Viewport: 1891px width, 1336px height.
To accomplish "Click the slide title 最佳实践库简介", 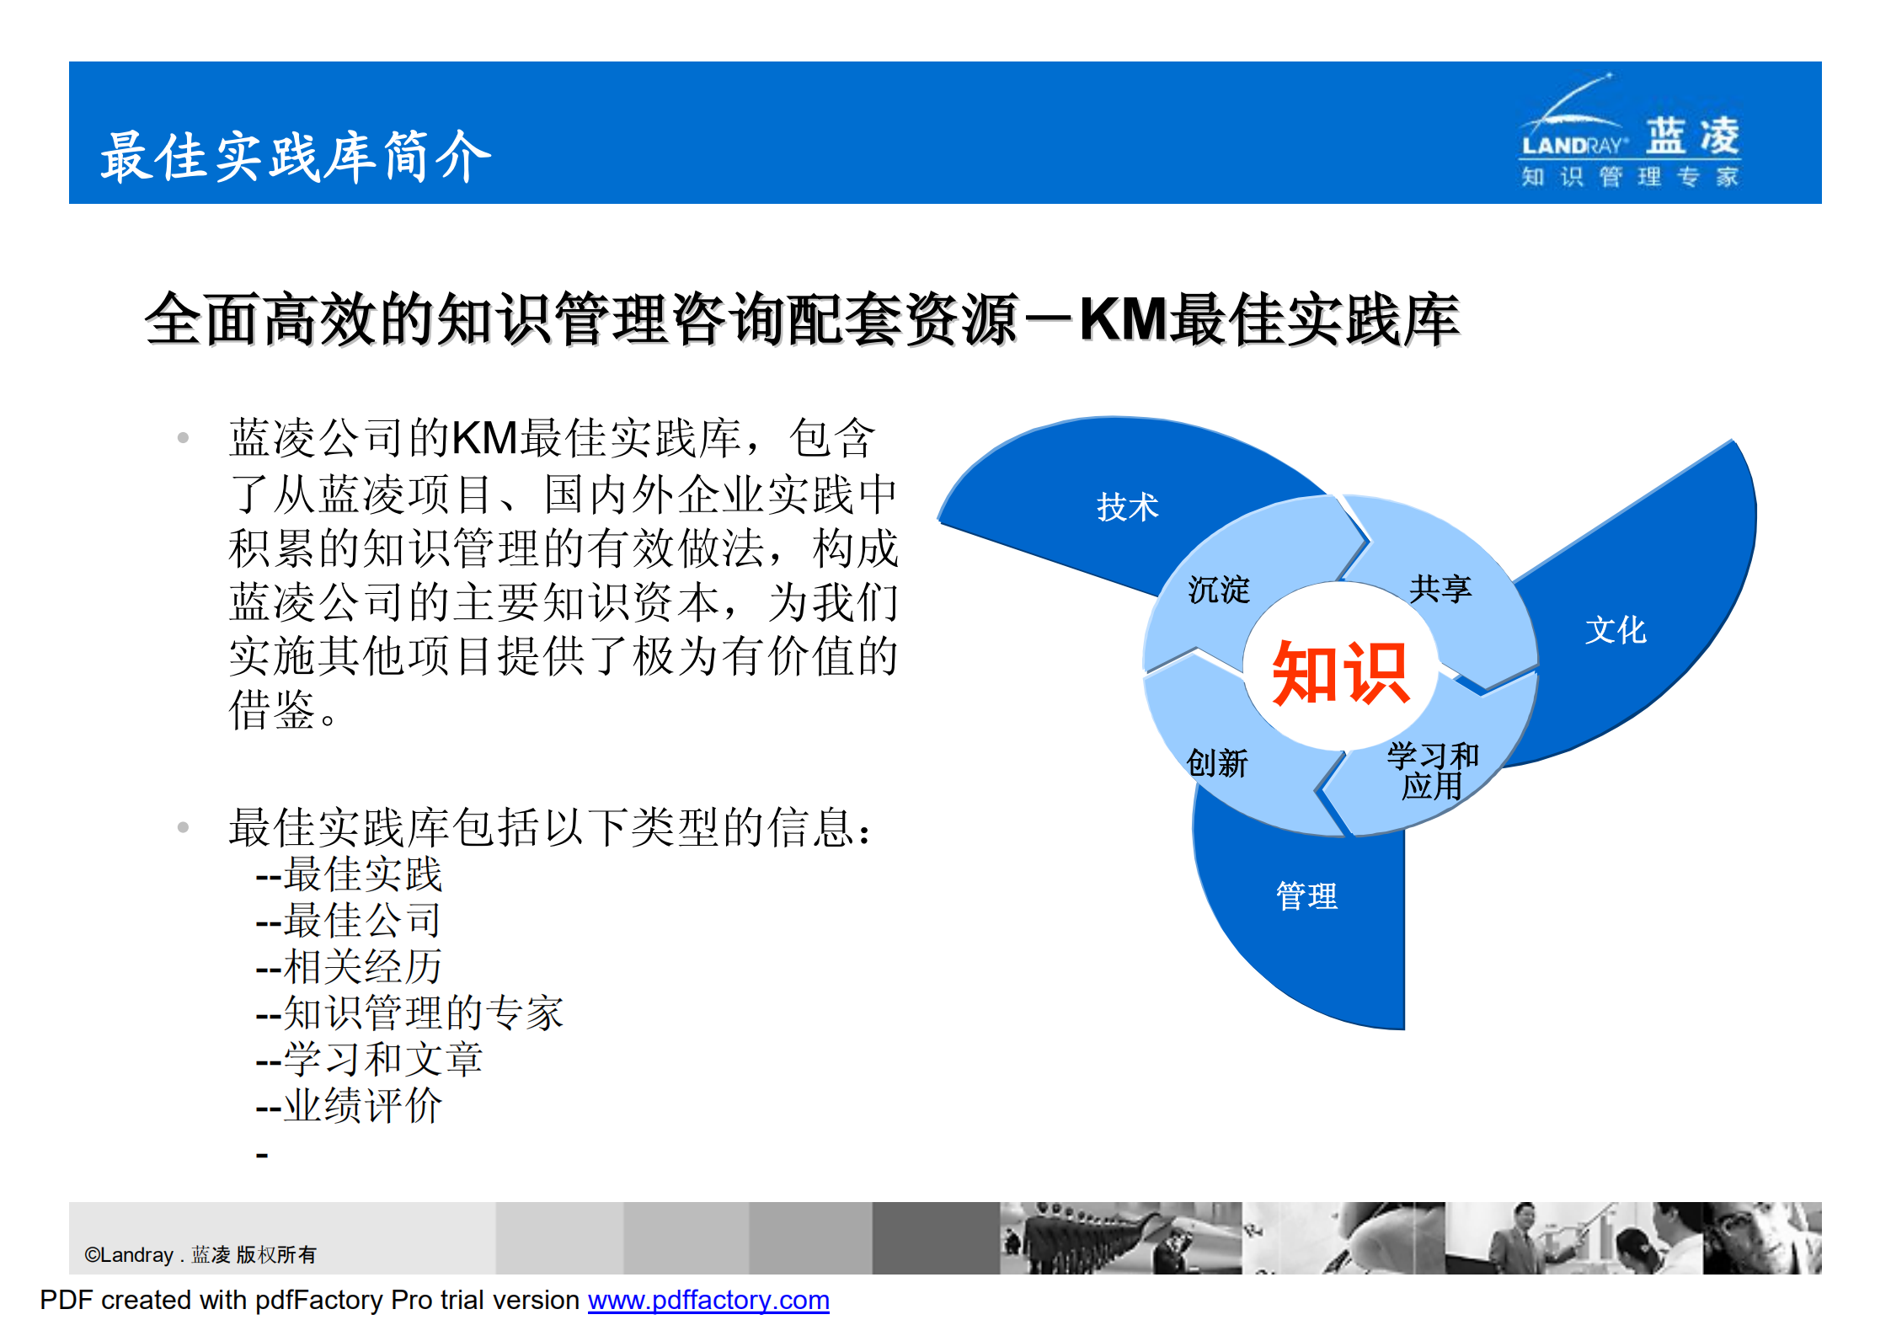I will coord(295,157).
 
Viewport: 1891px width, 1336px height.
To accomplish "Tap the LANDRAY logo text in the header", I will coord(1572,146).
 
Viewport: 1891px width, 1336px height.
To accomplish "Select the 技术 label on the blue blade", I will coord(1127,507).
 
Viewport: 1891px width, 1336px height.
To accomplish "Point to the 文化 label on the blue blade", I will coord(1615,630).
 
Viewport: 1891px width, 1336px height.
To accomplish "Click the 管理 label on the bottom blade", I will coord(1306,895).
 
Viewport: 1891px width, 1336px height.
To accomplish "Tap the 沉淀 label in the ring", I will coord(1218,590).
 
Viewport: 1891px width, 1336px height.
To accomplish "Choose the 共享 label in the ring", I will coord(1440,588).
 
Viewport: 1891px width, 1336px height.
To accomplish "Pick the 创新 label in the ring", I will coord(1216,763).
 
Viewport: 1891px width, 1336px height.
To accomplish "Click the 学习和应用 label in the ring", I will coord(1432,770).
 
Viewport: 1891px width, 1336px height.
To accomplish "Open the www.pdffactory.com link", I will coord(708,1300).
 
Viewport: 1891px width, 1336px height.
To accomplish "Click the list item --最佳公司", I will coord(350,920).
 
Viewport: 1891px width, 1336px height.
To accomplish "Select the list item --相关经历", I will coord(350,966).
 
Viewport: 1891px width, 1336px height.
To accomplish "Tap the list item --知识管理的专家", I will coord(410,1013).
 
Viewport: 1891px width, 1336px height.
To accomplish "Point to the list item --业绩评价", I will coord(350,1105).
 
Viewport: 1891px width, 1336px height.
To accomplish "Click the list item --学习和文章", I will coord(370,1059).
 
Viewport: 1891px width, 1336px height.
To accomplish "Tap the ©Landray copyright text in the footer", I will coord(200,1254).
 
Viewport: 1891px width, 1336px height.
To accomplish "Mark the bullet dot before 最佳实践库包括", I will coord(183,827).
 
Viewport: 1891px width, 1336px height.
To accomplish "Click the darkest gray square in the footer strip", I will coord(935,1237).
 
